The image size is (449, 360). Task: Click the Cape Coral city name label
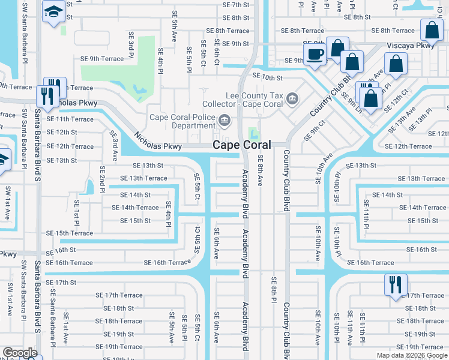[x=241, y=145]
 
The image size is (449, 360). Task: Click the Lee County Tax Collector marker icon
[x=292, y=98]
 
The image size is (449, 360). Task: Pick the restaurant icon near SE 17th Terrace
[x=396, y=284]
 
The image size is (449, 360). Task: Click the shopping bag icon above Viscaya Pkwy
[x=431, y=30]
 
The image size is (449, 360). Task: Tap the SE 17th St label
[x=61, y=282]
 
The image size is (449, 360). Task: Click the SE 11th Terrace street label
[x=70, y=119]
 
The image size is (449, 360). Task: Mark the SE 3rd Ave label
[x=114, y=146]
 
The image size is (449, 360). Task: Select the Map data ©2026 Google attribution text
[x=411, y=355]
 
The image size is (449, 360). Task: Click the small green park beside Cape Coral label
[x=253, y=132]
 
